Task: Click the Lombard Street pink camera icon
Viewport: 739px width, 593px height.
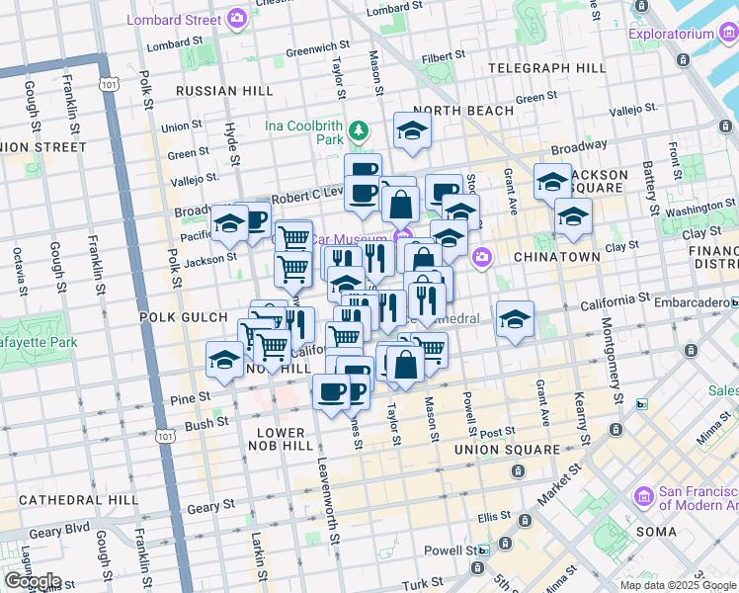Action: click(x=236, y=18)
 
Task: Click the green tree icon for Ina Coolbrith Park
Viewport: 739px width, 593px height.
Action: click(x=360, y=129)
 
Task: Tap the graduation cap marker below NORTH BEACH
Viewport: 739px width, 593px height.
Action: click(x=412, y=130)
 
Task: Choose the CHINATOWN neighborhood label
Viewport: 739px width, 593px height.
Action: click(x=556, y=257)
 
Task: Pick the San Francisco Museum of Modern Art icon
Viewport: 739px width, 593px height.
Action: click(x=643, y=494)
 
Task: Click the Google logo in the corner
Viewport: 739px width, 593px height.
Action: click(x=33, y=581)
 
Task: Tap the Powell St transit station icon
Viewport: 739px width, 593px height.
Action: click(x=483, y=551)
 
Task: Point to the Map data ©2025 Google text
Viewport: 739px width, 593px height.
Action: click(x=677, y=585)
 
